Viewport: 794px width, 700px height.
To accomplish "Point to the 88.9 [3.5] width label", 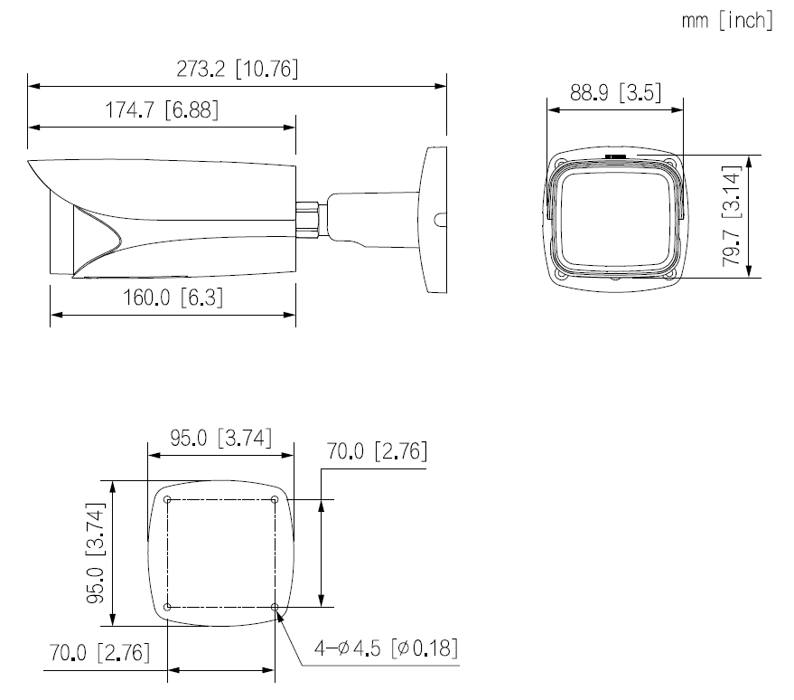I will click(616, 93).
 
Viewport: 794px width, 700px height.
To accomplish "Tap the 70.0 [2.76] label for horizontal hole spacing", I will click(99, 653).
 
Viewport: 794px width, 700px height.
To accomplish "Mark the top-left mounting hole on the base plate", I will click(168, 499).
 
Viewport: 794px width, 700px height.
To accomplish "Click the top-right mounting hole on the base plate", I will click(275, 499).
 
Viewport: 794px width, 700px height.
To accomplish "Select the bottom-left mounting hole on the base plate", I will click(168, 606).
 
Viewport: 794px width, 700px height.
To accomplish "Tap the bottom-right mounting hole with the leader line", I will click(275, 606).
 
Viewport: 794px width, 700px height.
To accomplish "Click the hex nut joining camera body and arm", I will click(310, 218).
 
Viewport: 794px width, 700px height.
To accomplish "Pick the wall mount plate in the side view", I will click(434, 220).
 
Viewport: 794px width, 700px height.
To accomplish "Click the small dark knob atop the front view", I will click(616, 156).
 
